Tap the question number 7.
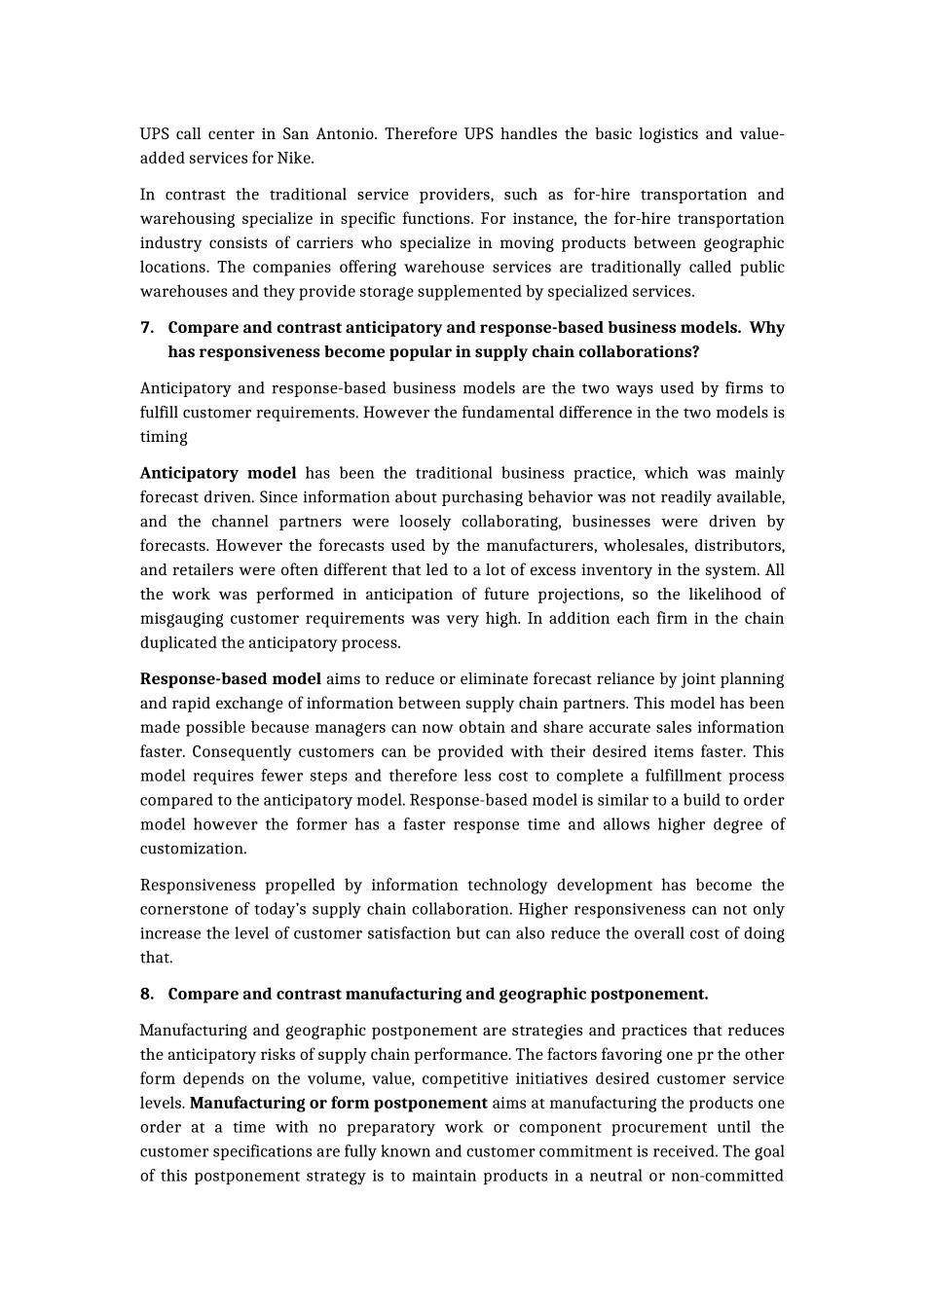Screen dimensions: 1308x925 146,328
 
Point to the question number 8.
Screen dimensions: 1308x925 146,994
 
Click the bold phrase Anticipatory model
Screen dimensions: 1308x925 218,473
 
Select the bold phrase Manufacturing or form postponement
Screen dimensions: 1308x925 339,1103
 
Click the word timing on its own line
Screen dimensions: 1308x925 164,437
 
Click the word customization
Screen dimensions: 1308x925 193,849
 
